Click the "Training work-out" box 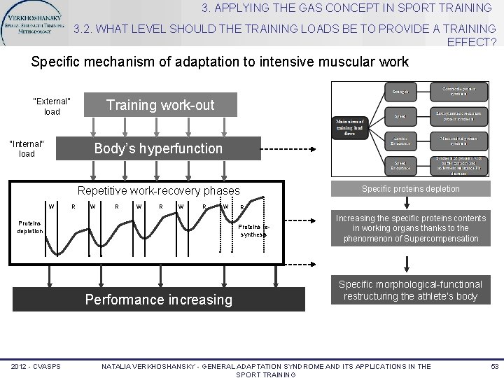pyautogui.click(x=160, y=105)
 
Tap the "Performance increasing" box pyautogui.click(x=158, y=300)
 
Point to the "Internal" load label pyautogui.click(x=26, y=148)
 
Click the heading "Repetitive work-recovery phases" pyautogui.click(x=158, y=190)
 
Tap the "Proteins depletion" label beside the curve pyautogui.click(x=30, y=227)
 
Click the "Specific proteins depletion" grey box pyautogui.click(x=410, y=188)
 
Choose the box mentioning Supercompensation pyautogui.click(x=410, y=229)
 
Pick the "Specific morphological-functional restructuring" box pyautogui.click(x=410, y=290)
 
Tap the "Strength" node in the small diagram pyautogui.click(x=400, y=92)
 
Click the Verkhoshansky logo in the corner pyautogui.click(x=35, y=22)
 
